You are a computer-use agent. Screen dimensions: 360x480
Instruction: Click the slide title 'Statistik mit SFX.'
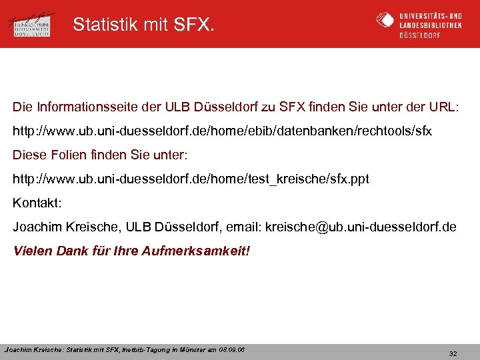(144, 25)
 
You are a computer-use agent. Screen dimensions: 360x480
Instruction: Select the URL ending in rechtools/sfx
(223, 131)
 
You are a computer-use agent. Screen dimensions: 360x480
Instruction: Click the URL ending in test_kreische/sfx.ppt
(191, 179)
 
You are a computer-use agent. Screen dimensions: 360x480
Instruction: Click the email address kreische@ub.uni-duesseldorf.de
(361, 227)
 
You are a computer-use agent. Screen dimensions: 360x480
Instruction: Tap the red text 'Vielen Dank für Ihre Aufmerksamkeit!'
(131, 251)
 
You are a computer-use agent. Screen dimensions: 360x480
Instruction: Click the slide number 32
(453, 353)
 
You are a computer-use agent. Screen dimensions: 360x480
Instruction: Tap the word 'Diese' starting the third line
(27, 155)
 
